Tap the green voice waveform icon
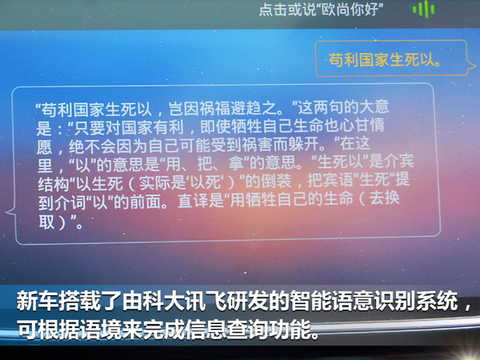[x=423, y=9]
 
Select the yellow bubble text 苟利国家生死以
[x=384, y=60]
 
